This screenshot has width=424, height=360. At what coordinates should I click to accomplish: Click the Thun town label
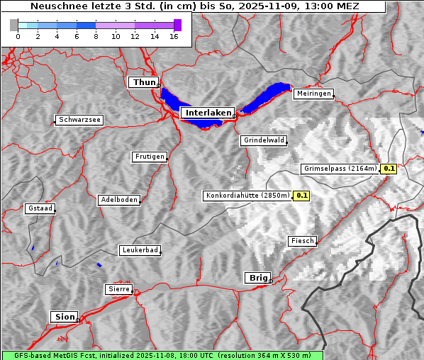pos(144,83)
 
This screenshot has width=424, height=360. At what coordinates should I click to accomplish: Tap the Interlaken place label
pos(208,113)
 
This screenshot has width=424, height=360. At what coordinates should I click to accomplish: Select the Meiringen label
pos(313,94)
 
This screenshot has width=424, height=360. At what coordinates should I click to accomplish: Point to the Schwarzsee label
pos(79,120)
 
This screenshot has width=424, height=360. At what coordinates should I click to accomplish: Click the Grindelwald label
pos(264,140)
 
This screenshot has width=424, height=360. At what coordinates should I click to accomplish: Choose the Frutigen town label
pos(150,157)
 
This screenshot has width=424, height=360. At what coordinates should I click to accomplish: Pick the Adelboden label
pos(118,200)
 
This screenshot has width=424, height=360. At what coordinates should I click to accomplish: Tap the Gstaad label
pos(40,208)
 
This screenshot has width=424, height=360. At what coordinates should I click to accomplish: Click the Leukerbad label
pos(140,250)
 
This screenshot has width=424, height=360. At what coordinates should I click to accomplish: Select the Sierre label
pos(119,289)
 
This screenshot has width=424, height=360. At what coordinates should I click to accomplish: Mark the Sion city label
pos(64,317)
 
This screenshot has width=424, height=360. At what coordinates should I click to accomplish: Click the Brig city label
pos(257,278)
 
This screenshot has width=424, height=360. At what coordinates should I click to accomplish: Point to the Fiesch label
pos(302,241)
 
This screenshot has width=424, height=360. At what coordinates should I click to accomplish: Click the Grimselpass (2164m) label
pos(340,169)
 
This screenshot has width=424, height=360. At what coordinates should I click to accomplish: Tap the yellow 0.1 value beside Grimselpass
pos(389,169)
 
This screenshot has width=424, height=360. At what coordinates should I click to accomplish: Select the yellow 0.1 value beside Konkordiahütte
pos(302,196)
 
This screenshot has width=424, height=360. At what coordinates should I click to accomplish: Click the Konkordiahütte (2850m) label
pos(247,196)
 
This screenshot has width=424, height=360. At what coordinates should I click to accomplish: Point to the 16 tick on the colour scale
pos(174,36)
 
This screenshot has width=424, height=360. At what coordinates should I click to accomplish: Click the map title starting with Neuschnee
pos(194,6)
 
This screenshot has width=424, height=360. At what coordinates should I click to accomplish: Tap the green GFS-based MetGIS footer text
pos(162,355)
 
